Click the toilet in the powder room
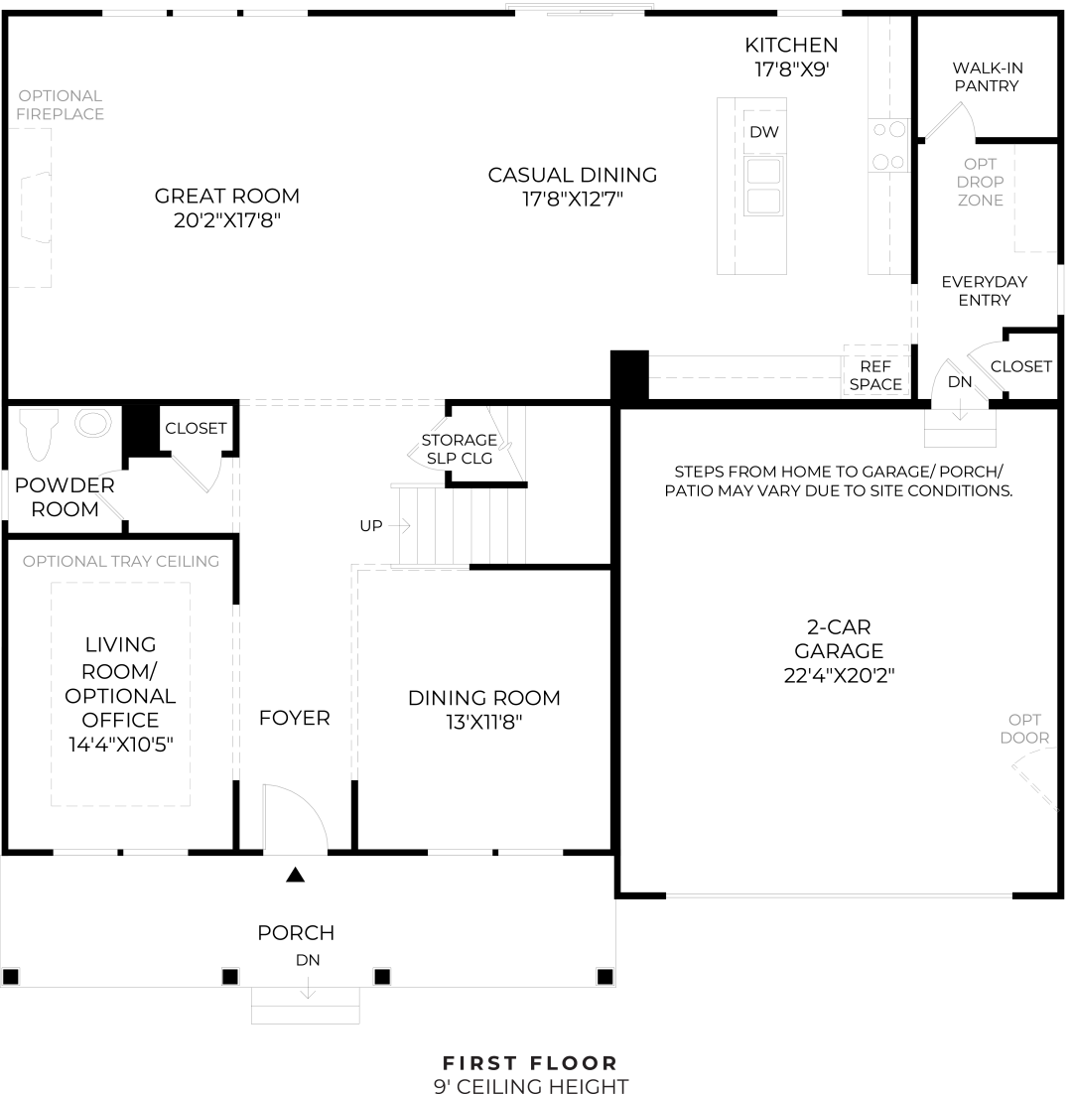(40, 433)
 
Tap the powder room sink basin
(95, 424)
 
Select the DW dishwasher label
(762, 132)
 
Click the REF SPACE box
(875, 374)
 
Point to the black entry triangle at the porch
(295, 875)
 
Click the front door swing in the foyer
(295, 819)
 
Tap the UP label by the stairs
(371, 526)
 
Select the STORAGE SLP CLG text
(460, 449)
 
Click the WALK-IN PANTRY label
(987, 76)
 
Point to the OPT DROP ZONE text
(980, 182)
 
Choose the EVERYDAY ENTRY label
(984, 290)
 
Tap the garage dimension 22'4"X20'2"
(839, 675)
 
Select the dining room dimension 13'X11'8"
(483, 722)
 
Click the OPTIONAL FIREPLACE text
(60, 104)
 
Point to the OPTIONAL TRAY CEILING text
(121, 561)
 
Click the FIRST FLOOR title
(530, 1063)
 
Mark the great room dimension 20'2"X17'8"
(227, 220)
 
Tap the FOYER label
(294, 718)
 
